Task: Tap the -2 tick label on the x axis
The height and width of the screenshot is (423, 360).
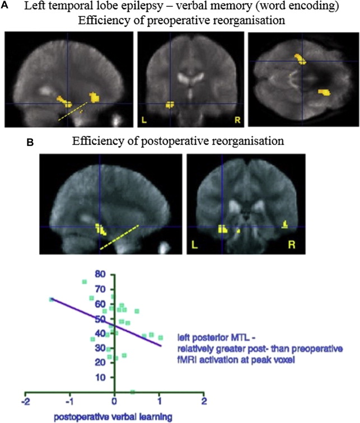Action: pos(24,402)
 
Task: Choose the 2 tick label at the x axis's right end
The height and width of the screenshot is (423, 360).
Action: pos(204,402)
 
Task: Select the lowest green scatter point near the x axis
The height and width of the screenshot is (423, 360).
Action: pos(132,392)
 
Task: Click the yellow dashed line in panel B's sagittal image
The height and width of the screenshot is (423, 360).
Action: pos(119,237)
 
